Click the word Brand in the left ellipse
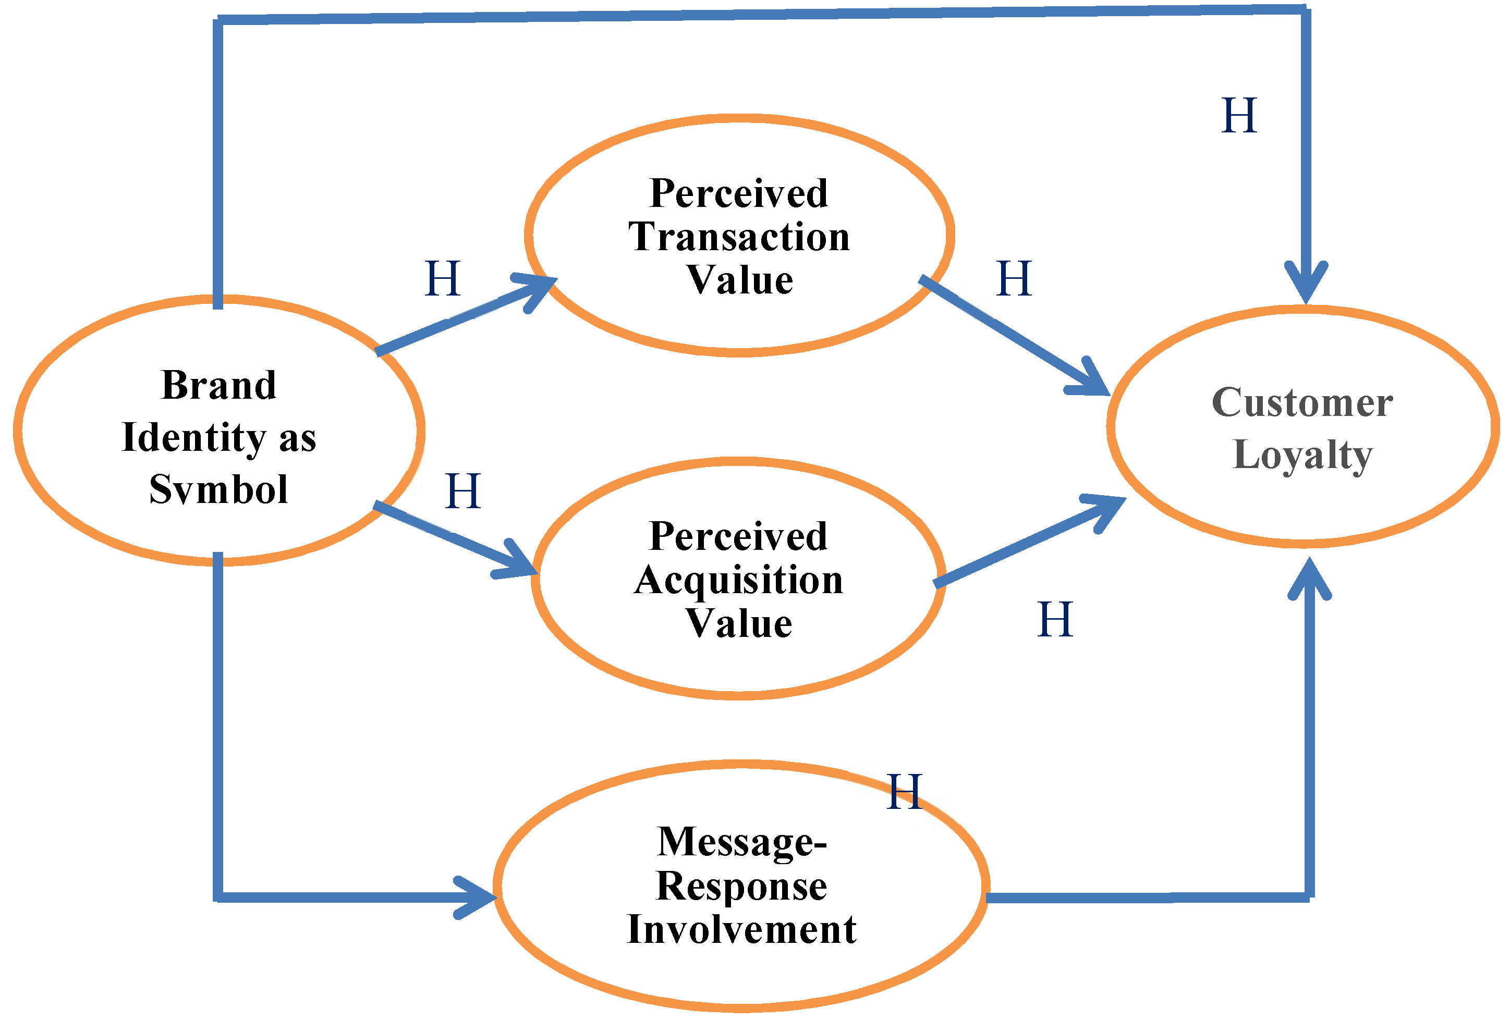(219, 385)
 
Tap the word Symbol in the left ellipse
(219, 489)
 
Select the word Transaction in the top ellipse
(739, 237)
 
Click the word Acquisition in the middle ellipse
(739, 580)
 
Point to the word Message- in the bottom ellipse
(741, 843)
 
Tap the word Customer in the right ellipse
(1302, 403)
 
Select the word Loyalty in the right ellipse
(1302, 455)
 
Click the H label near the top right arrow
(1238, 116)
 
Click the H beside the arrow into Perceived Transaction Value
(443, 279)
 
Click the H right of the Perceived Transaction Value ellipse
(1014, 279)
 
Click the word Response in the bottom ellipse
(741, 886)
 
